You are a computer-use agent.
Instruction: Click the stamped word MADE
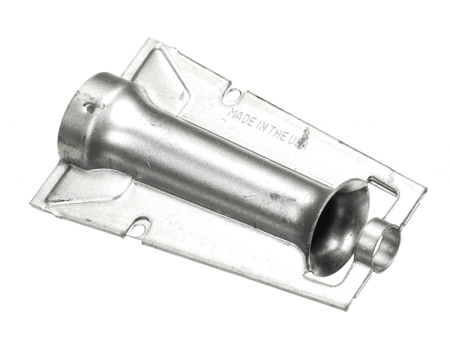pos(240,118)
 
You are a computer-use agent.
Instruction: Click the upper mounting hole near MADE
pos(232,94)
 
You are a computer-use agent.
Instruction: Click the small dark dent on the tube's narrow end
pos(88,107)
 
